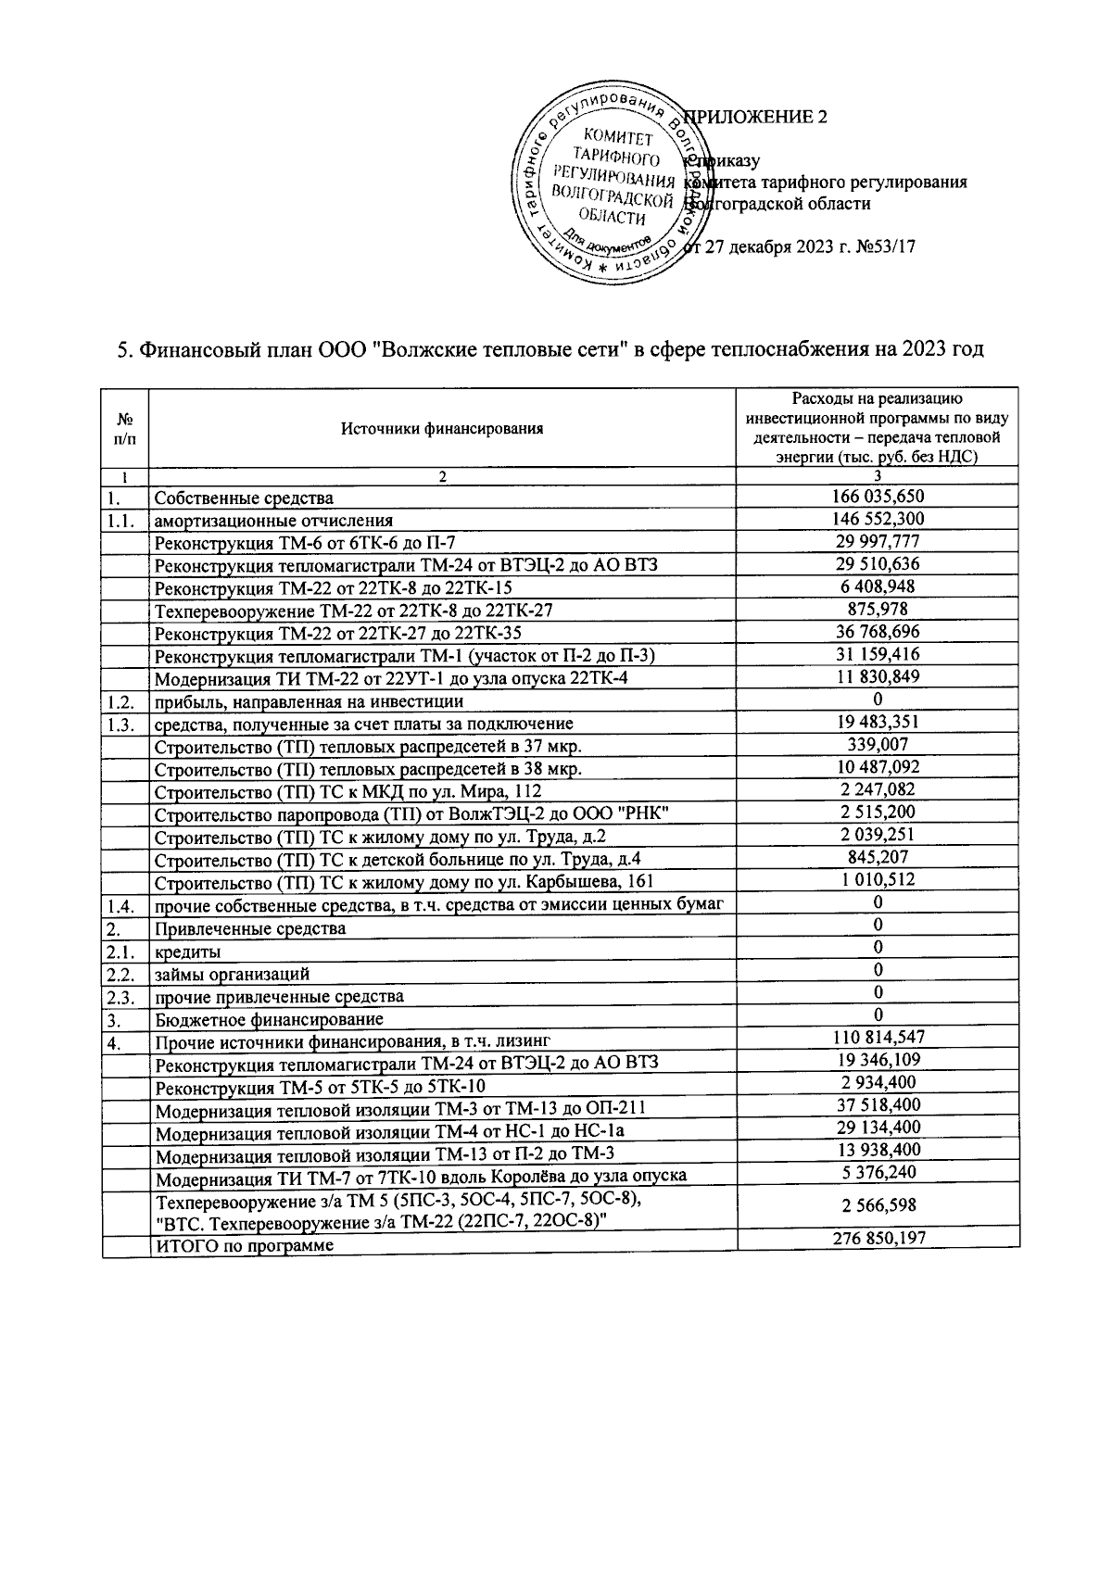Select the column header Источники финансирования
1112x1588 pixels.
[441, 428]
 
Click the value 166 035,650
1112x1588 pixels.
[878, 497]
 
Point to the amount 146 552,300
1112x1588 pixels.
[878, 519]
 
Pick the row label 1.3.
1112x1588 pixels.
[121, 724]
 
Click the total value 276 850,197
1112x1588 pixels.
[878, 1238]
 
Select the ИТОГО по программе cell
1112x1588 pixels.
[245, 1246]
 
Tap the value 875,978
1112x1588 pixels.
[878, 609]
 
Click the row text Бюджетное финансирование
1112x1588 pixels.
[269, 1020]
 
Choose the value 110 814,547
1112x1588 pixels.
[878, 1037]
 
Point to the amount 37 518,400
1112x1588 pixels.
[878, 1104]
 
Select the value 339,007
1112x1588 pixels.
[878, 744]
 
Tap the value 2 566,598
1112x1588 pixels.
[878, 1205]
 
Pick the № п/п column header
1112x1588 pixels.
[124, 428]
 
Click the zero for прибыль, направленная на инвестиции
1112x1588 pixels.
[878, 699]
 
